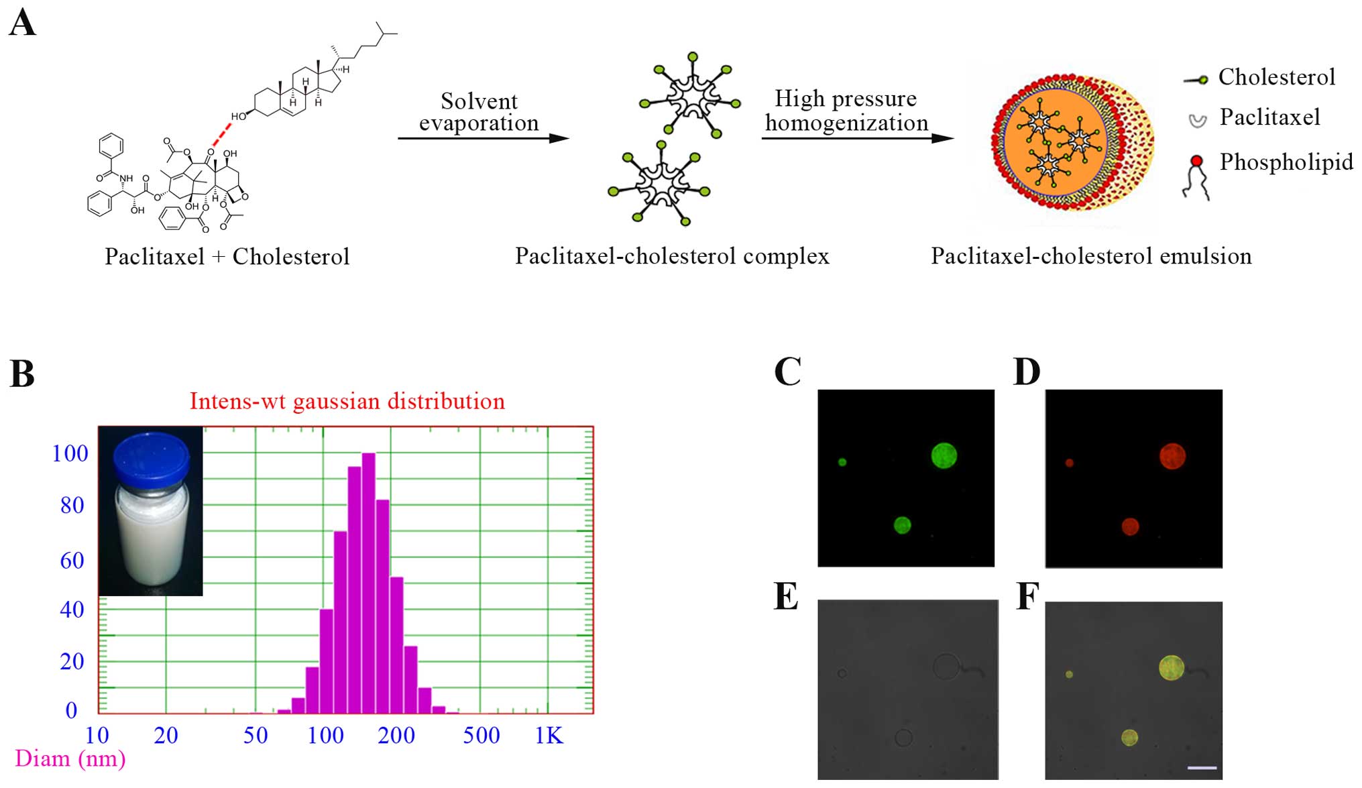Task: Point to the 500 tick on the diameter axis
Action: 481,736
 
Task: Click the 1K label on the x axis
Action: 549,736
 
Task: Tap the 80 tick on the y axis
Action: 72,505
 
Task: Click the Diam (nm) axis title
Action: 70,758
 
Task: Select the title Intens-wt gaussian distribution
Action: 347,401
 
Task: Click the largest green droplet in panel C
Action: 944,455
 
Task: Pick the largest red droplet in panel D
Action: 1172,456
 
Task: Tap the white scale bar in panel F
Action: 1202,767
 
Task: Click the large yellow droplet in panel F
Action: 1172,667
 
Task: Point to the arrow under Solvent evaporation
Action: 483,138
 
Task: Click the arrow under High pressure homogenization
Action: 857,138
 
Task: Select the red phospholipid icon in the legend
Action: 1196,161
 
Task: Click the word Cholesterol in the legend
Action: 1276,77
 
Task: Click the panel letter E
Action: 786,596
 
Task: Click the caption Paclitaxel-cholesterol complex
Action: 672,256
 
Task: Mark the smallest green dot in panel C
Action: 842,462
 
